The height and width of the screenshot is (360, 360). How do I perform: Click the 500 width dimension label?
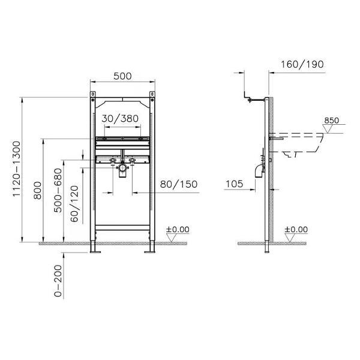(x=122, y=76)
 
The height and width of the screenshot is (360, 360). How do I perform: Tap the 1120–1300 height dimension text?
(x=17, y=169)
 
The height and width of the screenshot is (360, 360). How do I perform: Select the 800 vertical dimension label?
(x=38, y=190)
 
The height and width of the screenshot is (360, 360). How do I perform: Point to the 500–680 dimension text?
(x=58, y=190)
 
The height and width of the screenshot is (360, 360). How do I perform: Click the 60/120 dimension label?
(x=74, y=204)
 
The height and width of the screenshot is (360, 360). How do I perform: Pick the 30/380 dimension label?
(x=120, y=119)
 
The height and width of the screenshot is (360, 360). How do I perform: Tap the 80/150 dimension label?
(x=179, y=184)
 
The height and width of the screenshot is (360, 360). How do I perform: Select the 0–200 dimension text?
(x=58, y=281)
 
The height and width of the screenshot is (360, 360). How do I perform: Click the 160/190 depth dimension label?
(x=302, y=65)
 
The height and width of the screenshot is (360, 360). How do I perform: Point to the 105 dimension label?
(x=235, y=184)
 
